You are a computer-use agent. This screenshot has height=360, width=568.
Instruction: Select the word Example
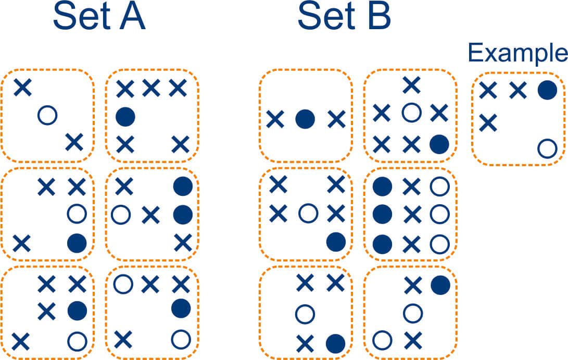tap(517, 53)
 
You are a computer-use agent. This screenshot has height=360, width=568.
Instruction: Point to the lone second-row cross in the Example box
tap(487, 123)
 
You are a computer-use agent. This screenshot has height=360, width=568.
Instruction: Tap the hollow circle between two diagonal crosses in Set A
tap(47, 114)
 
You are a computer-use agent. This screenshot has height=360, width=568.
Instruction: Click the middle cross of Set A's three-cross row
tap(151, 89)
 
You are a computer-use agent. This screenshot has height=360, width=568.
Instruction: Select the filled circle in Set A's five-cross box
tap(124, 116)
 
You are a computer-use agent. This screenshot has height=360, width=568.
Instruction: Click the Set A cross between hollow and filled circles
tap(150, 214)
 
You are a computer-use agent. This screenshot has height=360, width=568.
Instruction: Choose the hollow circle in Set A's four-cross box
tap(77, 341)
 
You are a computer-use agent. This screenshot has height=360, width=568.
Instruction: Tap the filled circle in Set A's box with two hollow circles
tap(181, 308)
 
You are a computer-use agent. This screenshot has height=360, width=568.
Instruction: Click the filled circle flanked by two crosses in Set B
tap(305, 120)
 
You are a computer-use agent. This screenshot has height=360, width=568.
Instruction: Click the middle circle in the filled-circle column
tap(383, 213)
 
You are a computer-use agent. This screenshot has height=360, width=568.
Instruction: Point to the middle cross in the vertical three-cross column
tap(412, 213)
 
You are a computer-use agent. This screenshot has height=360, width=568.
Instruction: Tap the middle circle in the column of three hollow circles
tap(440, 213)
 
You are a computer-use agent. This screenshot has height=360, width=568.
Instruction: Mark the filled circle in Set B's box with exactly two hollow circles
tap(440, 284)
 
